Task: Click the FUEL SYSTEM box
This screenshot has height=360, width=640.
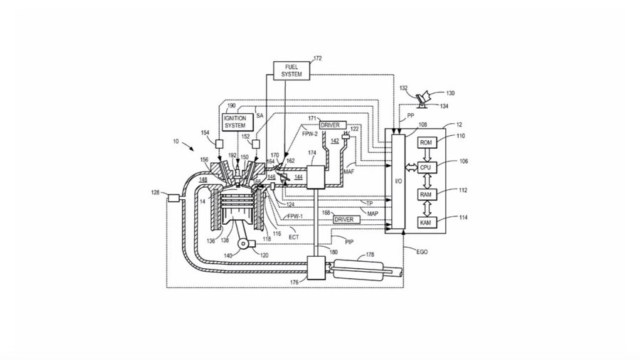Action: [292, 70]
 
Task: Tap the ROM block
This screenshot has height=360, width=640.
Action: [425, 142]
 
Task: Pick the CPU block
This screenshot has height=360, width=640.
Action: [425, 167]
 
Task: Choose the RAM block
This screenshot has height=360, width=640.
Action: [425, 194]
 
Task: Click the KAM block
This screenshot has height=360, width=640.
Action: [425, 223]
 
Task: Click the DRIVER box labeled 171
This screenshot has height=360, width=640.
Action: [332, 125]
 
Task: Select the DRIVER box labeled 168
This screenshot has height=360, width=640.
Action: [346, 219]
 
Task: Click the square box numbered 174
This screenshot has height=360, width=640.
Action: [315, 176]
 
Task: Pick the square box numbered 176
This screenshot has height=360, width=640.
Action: [315, 268]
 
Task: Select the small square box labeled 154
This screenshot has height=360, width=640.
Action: [219, 144]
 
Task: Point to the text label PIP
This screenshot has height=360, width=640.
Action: [349, 242]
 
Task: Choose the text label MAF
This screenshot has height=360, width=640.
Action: [348, 171]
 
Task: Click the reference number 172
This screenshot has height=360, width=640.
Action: [317, 58]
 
